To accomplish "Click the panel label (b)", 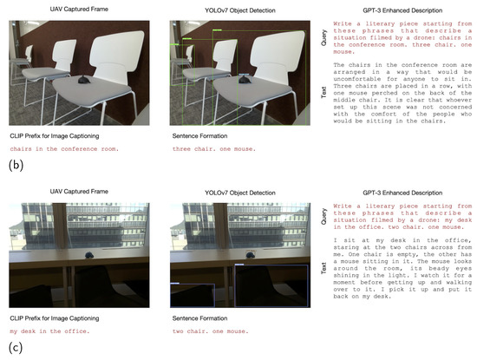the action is (16, 165).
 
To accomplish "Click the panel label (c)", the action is (16, 347).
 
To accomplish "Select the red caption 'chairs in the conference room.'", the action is (64, 149).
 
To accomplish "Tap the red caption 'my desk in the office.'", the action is (49, 331).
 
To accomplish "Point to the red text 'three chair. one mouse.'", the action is (214, 149).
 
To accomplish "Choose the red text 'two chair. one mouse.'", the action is (210, 331).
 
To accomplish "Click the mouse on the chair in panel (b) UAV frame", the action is (83, 80).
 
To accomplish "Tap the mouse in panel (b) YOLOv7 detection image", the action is (245, 80).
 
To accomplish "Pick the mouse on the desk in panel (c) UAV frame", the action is (89, 255).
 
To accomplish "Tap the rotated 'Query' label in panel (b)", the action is (323, 37).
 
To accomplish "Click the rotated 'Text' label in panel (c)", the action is (323, 268).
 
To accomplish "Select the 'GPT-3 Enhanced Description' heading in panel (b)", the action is (402, 10).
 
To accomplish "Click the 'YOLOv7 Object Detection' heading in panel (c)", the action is (240, 193).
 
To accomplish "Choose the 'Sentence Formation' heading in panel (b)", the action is (199, 135).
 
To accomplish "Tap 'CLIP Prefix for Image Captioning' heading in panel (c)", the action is (55, 318).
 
